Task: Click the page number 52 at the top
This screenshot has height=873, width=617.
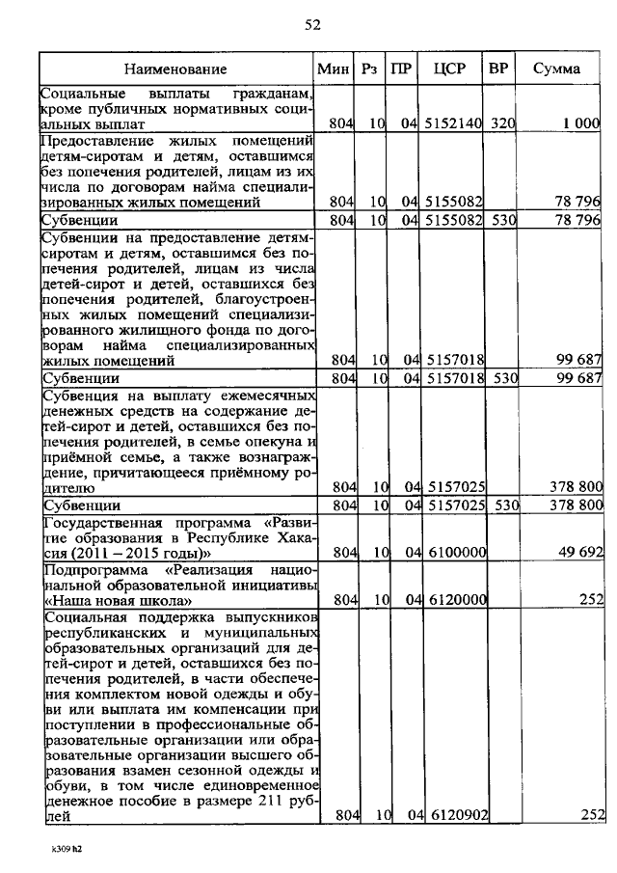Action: tap(311, 25)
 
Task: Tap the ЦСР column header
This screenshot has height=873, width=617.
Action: tap(450, 68)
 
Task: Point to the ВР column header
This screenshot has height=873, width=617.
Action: tap(498, 68)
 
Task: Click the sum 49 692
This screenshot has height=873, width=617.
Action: tap(578, 553)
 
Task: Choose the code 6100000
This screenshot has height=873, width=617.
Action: tap(452, 553)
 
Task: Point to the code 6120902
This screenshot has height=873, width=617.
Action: tap(452, 816)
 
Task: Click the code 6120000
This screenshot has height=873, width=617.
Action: tap(452, 599)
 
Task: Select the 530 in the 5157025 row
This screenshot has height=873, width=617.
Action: tap(501, 505)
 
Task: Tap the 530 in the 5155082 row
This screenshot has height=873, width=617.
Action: tap(501, 221)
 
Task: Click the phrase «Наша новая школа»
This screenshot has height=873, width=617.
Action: tap(104, 599)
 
